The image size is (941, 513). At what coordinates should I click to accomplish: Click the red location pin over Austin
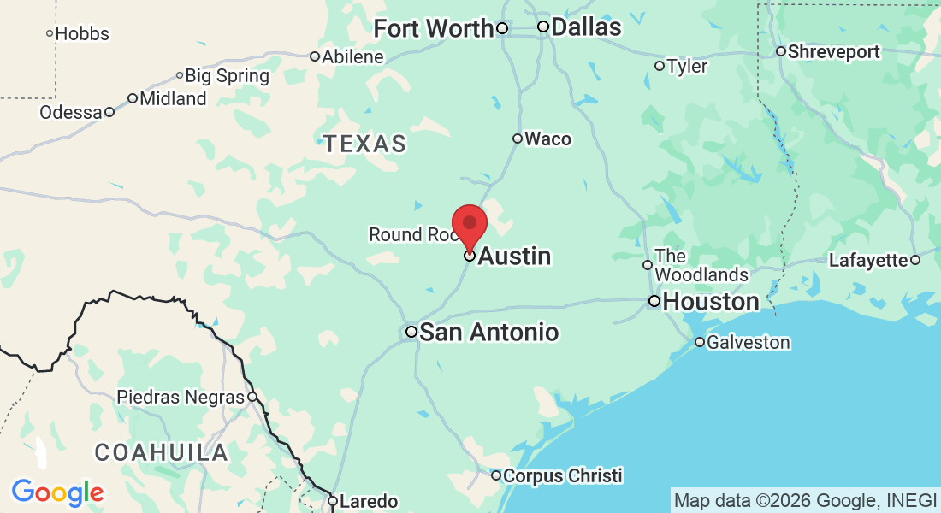pyautogui.click(x=470, y=225)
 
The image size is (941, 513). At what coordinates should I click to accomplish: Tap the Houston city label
pyautogui.click(x=710, y=302)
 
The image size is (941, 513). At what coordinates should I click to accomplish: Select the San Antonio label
pyautogui.click(x=488, y=332)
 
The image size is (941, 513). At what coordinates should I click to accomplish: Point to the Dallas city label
pyautogui.click(x=586, y=27)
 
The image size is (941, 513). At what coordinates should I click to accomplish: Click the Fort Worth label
pyautogui.click(x=434, y=28)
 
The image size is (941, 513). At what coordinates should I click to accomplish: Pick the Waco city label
pyautogui.click(x=547, y=139)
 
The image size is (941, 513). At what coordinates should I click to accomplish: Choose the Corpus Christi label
pyautogui.click(x=562, y=475)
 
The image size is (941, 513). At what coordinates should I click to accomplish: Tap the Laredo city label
pyautogui.click(x=369, y=501)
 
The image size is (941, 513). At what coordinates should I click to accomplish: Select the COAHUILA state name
pyautogui.click(x=161, y=452)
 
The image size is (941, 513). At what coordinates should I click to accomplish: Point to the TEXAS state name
pyautogui.click(x=365, y=144)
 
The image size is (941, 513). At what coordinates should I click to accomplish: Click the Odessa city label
pyautogui.click(x=71, y=112)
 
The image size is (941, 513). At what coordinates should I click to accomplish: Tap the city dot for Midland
pyautogui.click(x=133, y=98)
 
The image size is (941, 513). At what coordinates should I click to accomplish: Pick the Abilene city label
pyautogui.click(x=352, y=56)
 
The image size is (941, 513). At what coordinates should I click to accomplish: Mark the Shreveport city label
pyautogui.click(x=833, y=51)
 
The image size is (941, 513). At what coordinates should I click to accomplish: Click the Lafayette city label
pyautogui.click(x=867, y=260)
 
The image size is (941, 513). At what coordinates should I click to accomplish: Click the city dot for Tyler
pyautogui.click(x=660, y=66)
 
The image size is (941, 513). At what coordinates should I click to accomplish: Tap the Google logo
pyautogui.click(x=57, y=492)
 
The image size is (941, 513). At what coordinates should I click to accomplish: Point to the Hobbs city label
pyautogui.click(x=82, y=34)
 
